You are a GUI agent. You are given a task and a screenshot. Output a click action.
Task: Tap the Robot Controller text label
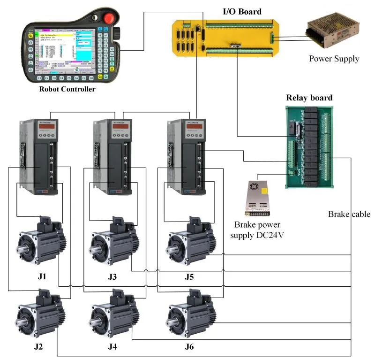click(x=67, y=89)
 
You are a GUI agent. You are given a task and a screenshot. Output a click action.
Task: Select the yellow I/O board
click(x=223, y=38)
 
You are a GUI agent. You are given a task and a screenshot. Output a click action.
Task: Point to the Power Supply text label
click(x=334, y=59)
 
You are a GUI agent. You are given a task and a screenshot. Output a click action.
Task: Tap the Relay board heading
click(x=309, y=98)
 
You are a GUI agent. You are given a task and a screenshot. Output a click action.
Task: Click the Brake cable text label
click(x=349, y=214)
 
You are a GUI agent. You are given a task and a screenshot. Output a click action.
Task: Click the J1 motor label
click(x=42, y=277)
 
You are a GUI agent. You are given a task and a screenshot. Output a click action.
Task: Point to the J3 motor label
click(x=112, y=277)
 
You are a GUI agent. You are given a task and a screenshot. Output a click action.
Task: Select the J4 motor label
click(x=112, y=347)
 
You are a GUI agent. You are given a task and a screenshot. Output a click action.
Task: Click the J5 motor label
click(x=189, y=277)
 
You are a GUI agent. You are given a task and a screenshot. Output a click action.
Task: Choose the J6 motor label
click(x=189, y=347)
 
